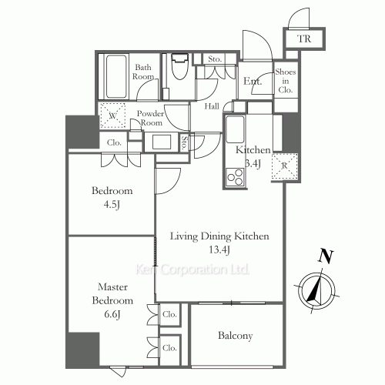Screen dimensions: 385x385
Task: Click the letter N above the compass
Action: pos(326,256)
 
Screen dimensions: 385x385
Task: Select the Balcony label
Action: pos(236,336)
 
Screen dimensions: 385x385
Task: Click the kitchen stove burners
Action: pos(235,176)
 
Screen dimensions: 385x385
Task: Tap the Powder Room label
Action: pos(150,119)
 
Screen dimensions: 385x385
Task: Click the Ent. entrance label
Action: pos(251,81)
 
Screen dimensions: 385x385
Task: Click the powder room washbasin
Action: pos(162,142)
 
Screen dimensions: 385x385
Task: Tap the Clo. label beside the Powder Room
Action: pos(114,142)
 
